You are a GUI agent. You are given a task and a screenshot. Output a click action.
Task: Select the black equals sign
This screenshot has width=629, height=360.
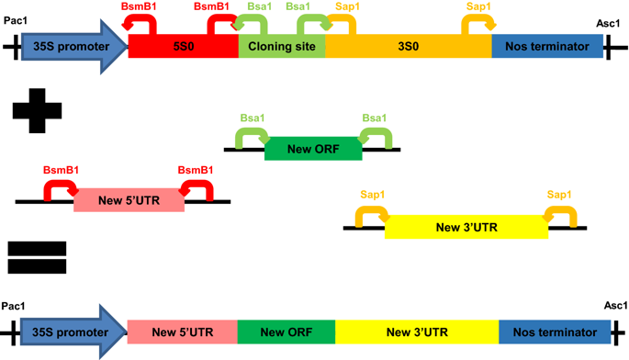[x=37, y=257]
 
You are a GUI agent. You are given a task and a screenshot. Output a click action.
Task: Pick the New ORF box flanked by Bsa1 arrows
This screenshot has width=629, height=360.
[x=313, y=149]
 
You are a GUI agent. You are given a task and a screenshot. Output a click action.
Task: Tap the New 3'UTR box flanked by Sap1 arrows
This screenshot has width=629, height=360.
[x=466, y=227]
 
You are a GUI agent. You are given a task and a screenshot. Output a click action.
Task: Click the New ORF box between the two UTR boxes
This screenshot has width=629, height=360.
[x=286, y=332]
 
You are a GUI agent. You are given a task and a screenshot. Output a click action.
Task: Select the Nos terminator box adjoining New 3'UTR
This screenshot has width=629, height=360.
[x=555, y=332]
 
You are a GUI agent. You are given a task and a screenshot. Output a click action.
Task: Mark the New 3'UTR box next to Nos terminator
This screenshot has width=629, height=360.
[x=417, y=332]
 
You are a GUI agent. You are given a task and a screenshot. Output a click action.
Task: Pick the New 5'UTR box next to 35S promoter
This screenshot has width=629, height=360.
[x=182, y=332]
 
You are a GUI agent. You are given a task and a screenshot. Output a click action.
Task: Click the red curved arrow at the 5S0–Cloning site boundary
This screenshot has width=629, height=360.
[x=219, y=24]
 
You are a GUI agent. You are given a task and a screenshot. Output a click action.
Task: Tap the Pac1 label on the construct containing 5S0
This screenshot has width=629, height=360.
[x=16, y=20]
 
